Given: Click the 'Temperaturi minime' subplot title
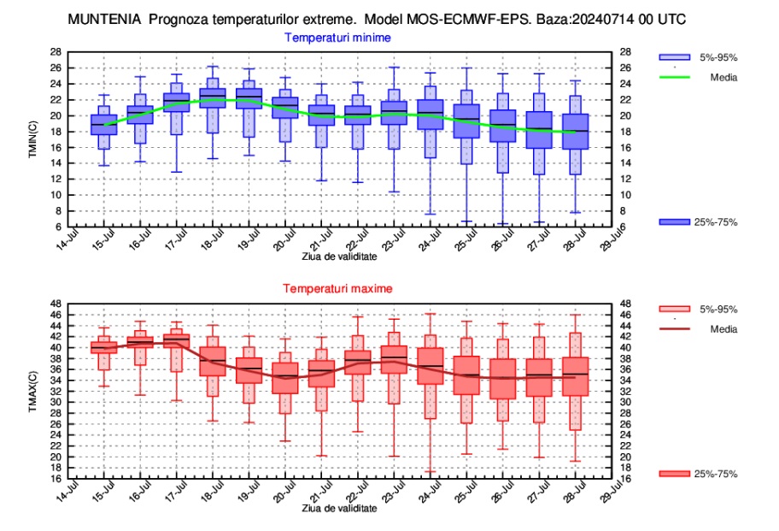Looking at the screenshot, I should click(x=338, y=38).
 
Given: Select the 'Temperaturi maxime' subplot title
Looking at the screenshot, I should click(x=337, y=290).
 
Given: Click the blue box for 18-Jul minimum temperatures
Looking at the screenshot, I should click(x=213, y=97).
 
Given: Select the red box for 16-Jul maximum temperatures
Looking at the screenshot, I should click(x=140, y=342).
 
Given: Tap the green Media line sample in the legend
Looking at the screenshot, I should click(x=674, y=77).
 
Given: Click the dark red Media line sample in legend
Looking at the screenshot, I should click(x=674, y=329).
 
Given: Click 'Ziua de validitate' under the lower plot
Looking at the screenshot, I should click(x=339, y=508).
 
